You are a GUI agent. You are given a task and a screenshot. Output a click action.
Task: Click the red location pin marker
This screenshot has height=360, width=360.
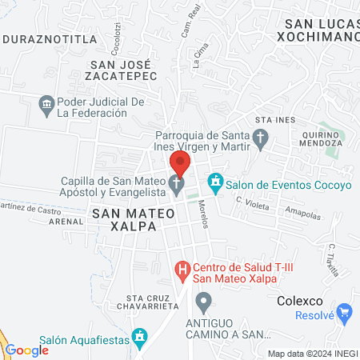(179, 164)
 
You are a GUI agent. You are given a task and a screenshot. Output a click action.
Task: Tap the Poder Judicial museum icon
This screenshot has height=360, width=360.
(46, 103)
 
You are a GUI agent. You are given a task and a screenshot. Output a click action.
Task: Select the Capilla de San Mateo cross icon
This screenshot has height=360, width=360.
(176, 186)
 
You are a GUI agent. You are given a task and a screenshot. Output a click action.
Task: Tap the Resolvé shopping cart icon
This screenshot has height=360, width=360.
(346, 311)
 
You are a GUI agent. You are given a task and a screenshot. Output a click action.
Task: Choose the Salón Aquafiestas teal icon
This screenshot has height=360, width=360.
(141, 336)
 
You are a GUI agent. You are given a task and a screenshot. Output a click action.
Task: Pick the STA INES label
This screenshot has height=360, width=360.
(270, 119)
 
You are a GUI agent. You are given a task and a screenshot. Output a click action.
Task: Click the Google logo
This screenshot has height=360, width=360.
(27, 350)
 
